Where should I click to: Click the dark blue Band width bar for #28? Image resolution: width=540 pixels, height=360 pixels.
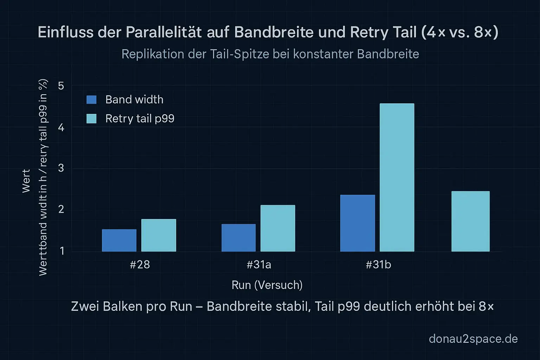pos(119,240)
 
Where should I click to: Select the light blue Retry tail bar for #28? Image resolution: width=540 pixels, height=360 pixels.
pos(159,235)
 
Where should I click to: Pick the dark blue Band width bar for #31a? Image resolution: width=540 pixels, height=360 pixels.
pos(238,238)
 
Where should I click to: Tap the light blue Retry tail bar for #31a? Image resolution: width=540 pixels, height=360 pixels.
pos(278,228)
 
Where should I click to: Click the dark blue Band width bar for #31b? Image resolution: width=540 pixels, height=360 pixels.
pos(358,223)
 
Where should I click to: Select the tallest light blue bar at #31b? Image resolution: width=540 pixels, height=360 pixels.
pos(397,178)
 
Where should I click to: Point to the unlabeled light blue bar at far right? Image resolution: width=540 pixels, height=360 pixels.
pos(470,221)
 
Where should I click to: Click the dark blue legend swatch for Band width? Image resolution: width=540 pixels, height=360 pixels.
pos(91,100)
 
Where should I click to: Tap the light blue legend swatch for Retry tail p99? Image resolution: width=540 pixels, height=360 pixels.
pos(91,119)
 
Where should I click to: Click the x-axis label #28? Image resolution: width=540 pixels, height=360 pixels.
pos(140,265)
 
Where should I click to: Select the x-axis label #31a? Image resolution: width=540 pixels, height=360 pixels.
pos(259,265)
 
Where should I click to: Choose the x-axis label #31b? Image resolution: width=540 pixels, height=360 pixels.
pos(378,265)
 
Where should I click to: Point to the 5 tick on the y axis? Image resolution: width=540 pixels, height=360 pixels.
pos(61,86)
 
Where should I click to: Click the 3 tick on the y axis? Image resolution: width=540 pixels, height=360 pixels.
pos(61,168)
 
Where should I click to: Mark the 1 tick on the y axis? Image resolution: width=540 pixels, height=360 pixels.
pos(62,251)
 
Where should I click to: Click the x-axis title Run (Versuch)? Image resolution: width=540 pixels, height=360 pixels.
pos(267,285)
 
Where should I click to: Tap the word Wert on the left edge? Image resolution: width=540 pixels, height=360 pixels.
pos(26,181)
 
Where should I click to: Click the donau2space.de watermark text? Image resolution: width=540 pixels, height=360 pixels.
pos(473,339)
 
